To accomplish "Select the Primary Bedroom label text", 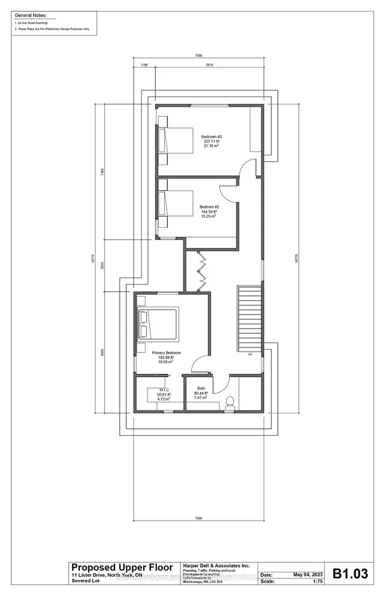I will (x=166, y=353).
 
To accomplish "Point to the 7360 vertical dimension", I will (x=103, y=171).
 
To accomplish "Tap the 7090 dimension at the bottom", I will (x=198, y=518).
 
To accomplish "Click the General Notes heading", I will (x=30, y=14).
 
